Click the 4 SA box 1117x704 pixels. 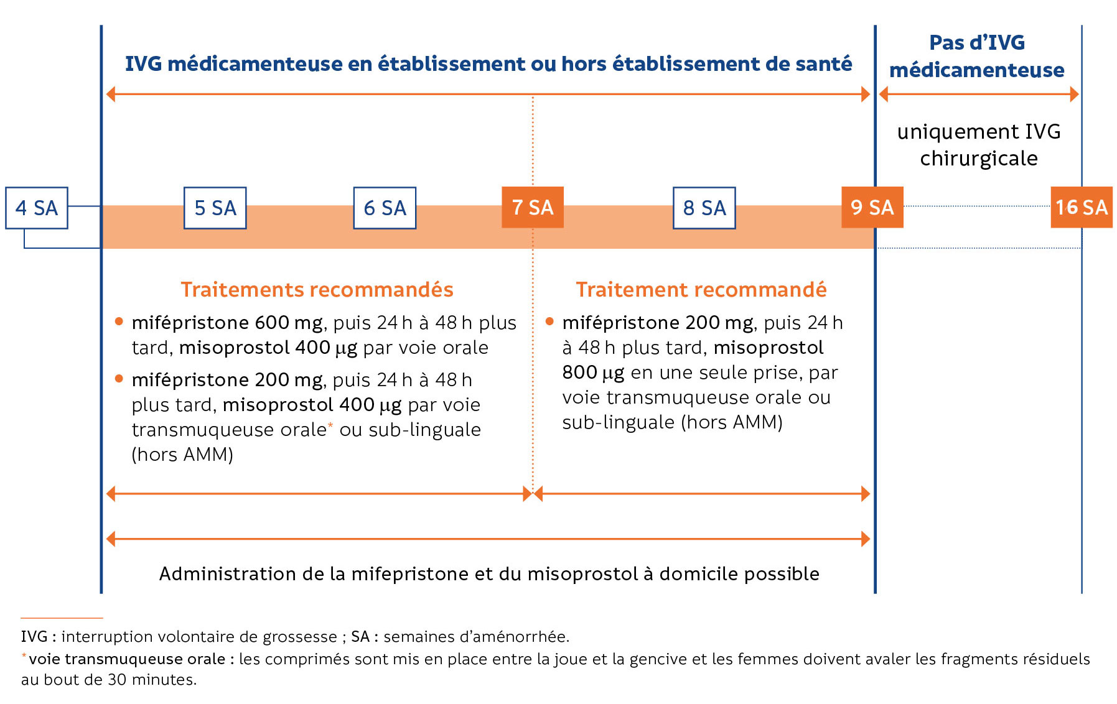(x=37, y=208)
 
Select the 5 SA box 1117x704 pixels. (x=215, y=208)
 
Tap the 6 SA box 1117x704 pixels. (x=385, y=208)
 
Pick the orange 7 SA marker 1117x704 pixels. (x=533, y=207)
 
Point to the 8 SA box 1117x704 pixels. (x=704, y=208)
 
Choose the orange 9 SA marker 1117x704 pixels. (x=872, y=207)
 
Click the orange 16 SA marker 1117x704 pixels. (x=1082, y=207)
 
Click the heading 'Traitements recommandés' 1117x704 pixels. (x=317, y=290)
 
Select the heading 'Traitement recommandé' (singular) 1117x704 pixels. (x=701, y=290)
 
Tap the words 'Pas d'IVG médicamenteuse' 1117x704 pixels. (x=976, y=56)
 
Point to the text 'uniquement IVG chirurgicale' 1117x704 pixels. (x=979, y=145)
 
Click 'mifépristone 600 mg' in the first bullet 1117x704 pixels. (x=227, y=323)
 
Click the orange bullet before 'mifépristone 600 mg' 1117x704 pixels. (x=119, y=322)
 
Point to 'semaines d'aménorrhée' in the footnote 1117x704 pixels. (x=476, y=637)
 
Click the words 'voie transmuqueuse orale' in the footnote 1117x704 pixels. (x=127, y=659)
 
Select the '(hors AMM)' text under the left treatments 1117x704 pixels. (x=182, y=455)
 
